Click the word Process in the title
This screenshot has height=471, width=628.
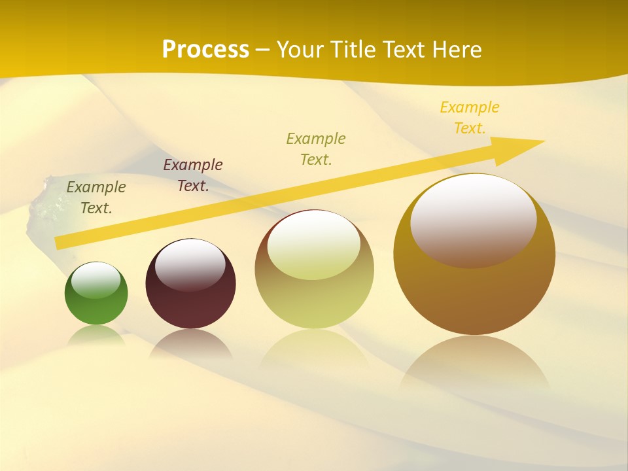pyautogui.click(x=205, y=50)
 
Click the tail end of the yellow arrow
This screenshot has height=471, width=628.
pyautogui.click(x=59, y=243)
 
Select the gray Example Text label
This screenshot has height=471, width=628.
pyautogui.click(x=96, y=198)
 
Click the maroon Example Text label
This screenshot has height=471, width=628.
pyautogui.click(x=193, y=175)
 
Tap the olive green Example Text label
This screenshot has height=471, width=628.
pyautogui.click(x=316, y=149)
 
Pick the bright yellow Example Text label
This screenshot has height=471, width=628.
pyautogui.click(x=470, y=118)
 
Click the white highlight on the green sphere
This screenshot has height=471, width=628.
pyautogui.click(x=96, y=281)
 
